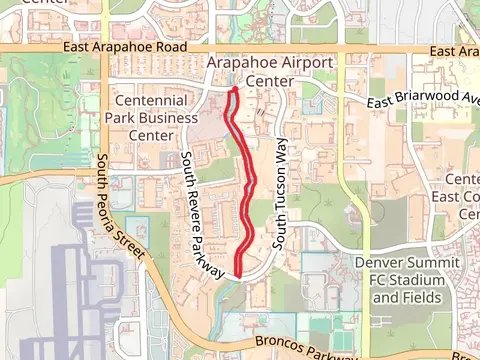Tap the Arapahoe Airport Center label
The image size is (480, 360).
coord(269,71)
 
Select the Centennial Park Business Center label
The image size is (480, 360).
coord(151,117)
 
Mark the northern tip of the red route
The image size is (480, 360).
coord(234,91)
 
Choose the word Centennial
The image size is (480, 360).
coord(151,100)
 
